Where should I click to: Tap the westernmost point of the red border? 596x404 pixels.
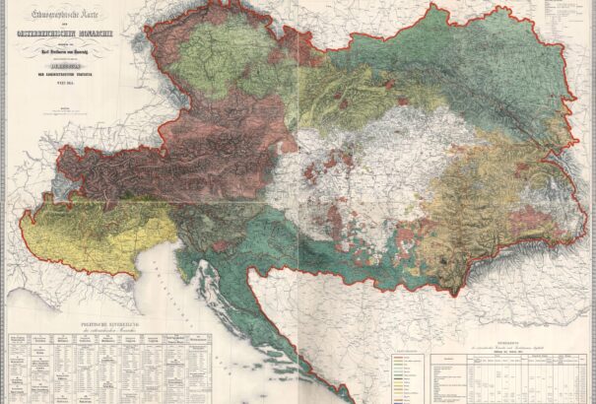click(x=21, y=227)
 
